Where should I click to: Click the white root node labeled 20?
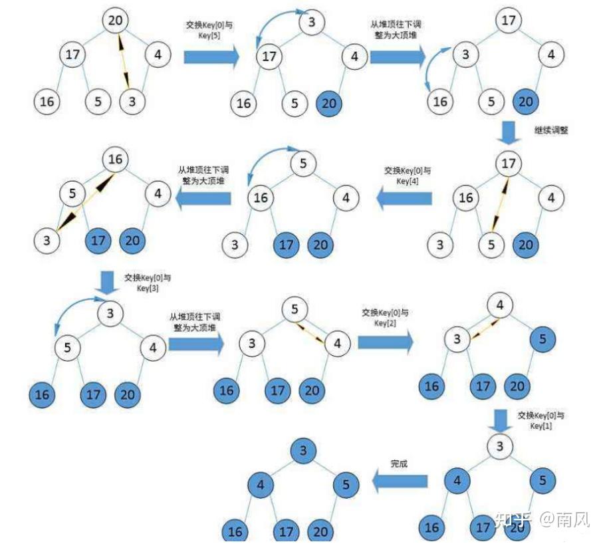tap(115, 20)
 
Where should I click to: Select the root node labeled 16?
tap(115, 159)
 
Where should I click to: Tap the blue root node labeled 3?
tap(303, 450)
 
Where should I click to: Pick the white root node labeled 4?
tap(500, 305)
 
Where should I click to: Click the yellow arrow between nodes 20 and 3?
tap(124, 61)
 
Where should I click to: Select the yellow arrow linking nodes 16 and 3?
tap(85, 203)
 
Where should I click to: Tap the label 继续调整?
tap(551, 130)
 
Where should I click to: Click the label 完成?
tap(399, 464)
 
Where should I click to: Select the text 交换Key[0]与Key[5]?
tap(209, 30)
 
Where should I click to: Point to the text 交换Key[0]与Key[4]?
tap(408, 176)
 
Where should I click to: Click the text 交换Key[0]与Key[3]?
tap(148, 283)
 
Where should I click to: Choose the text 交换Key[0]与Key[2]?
tap(385, 317)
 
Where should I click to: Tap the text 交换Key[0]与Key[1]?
tap(541, 420)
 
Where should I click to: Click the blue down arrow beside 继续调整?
tap(509, 133)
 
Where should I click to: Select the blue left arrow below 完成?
tap(400, 481)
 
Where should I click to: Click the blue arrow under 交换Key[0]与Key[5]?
tap(211, 57)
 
